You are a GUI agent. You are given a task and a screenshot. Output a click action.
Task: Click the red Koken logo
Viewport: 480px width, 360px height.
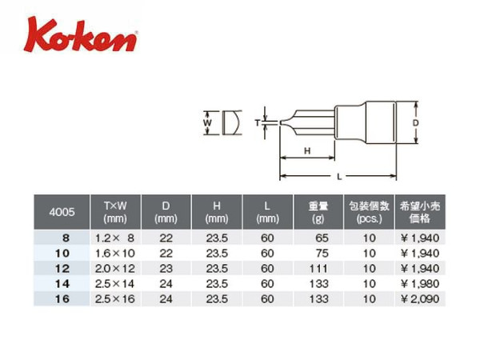tap(81, 35)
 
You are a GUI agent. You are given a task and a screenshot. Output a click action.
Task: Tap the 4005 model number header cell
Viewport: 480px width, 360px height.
tap(62, 212)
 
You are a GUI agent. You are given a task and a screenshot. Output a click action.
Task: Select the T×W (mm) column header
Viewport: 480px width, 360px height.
tap(115, 212)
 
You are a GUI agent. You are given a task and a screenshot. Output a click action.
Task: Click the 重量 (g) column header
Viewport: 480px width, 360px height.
tap(318, 212)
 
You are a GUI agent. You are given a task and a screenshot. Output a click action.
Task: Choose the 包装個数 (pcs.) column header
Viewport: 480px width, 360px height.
tap(369, 212)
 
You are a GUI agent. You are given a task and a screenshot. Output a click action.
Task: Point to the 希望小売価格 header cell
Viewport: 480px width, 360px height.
tap(420, 212)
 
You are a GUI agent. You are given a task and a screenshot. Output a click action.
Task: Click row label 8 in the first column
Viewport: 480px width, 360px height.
tap(66, 238)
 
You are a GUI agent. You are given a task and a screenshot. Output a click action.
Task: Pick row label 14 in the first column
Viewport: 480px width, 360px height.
tap(62, 284)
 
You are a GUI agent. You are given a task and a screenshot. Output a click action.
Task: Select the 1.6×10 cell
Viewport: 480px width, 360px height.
tap(114, 253)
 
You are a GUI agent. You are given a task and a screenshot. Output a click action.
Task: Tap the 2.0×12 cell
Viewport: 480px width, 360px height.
tap(114, 269)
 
